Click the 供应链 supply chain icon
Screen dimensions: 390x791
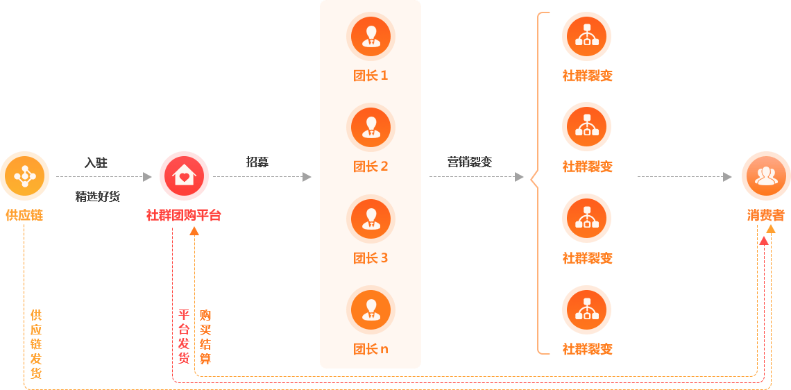point(25,176)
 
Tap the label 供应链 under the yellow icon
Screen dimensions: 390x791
point(25,215)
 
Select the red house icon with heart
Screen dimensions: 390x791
point(184,176)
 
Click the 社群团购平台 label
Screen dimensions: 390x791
point(184,215)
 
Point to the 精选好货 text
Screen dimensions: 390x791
point(98,196)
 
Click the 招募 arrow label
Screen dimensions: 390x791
point(257,162)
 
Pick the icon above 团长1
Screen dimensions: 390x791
point(371,36)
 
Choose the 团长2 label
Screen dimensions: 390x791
point(371,167)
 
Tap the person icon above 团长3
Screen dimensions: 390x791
point(371,219)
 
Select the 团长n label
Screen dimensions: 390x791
point(371,349)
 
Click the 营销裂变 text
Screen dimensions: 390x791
point(470,162)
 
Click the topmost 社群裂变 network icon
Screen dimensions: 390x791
point(587,36)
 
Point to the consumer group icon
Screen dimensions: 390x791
point(766,176)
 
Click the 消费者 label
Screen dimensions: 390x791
point(766,215)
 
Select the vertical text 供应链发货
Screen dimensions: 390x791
point(36,344)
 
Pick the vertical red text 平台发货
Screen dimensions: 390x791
point(184,337)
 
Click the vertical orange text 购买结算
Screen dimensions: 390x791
point(205,337)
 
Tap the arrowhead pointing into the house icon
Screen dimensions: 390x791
point(147,177)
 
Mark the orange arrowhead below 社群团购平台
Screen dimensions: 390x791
point(194,230)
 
